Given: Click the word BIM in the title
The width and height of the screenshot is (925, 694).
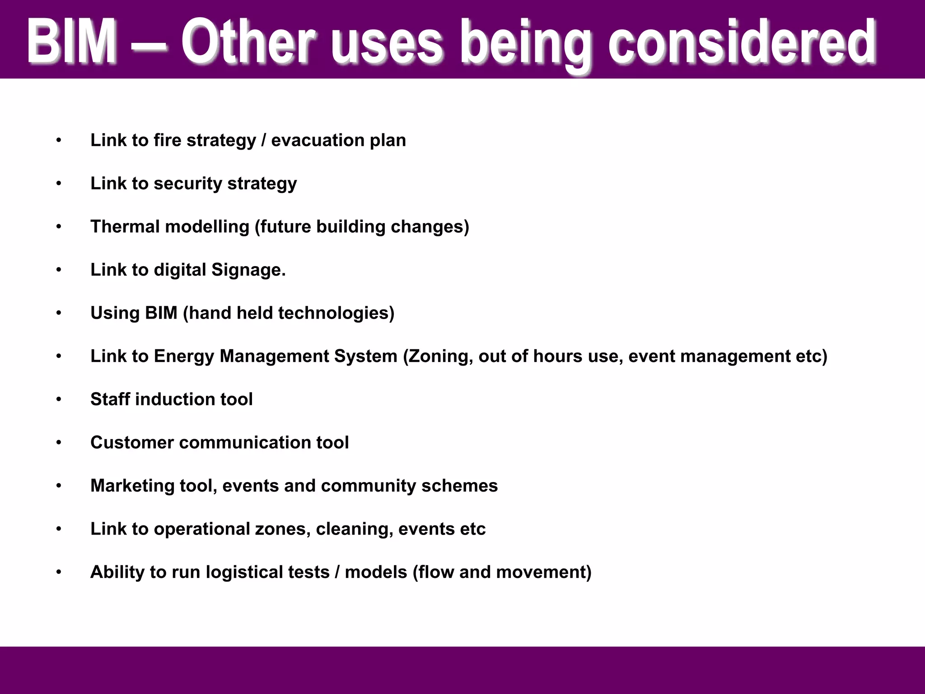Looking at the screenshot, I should pos(72,42).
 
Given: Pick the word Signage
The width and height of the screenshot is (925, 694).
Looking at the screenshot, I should pos(248,270).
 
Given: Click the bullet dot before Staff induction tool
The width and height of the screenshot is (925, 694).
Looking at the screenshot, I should pos(58,399).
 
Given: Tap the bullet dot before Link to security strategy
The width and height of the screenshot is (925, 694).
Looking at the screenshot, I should pos(58,184).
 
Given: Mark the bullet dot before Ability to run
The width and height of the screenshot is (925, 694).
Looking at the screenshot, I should pos(58,572).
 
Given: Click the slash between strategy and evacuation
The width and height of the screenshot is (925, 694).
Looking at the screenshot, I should pos(264,141).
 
